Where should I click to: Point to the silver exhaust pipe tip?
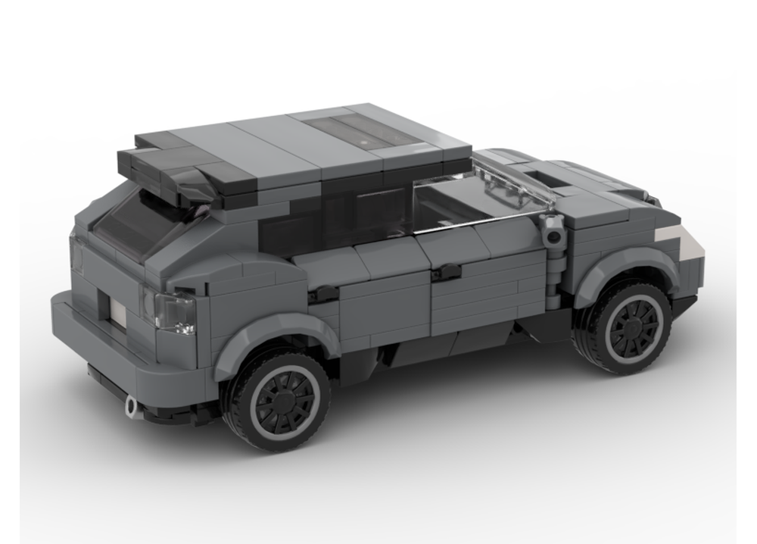coord(132,406)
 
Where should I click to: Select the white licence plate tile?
coord(118,308)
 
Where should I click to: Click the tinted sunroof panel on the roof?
coord(363,130)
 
